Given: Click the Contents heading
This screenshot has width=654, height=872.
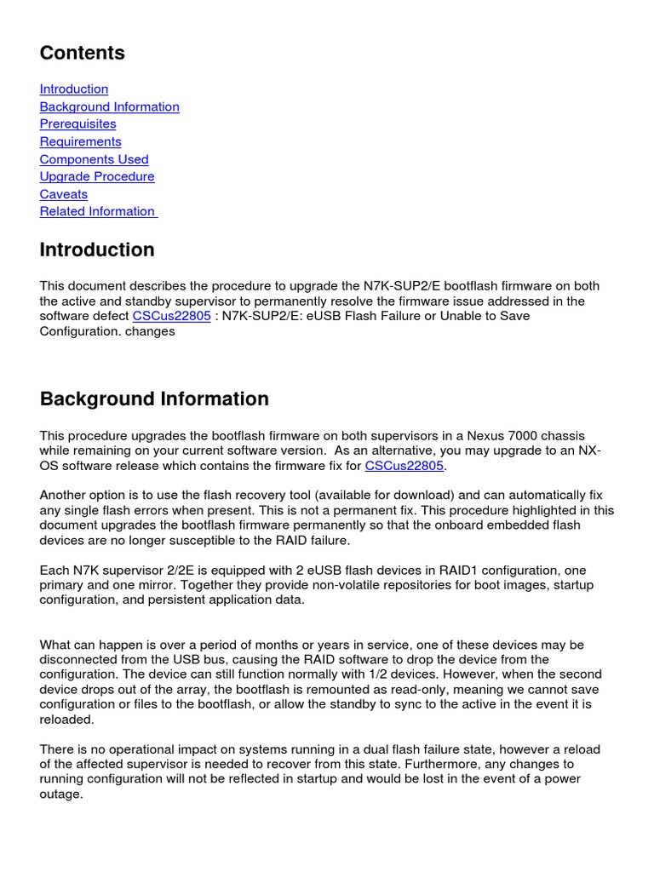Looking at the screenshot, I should pos(82,53).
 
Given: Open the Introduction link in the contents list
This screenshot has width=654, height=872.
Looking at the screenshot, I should pos(74,89).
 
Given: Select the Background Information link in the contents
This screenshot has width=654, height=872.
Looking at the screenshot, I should pos(109,106).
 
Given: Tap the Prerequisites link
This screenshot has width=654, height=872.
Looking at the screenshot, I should pos(77,123).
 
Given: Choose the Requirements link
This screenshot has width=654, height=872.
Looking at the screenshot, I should pos(80,141).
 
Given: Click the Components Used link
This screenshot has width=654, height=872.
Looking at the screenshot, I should pos(94,159).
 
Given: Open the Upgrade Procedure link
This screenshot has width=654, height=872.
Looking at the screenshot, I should pos(97,176).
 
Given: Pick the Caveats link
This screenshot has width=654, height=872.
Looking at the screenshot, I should pos(63,194).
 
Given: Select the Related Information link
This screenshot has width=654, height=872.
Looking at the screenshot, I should pos(98,211).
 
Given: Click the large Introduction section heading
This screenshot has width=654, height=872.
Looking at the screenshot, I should pos(97,250).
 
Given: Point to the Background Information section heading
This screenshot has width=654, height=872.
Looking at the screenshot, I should pos(154,399).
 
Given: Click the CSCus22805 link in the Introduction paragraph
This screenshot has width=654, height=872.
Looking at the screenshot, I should pos(171,316).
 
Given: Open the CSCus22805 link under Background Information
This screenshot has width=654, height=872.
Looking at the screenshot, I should pos(404,465).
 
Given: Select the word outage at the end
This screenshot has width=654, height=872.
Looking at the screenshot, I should pos(60,794).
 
